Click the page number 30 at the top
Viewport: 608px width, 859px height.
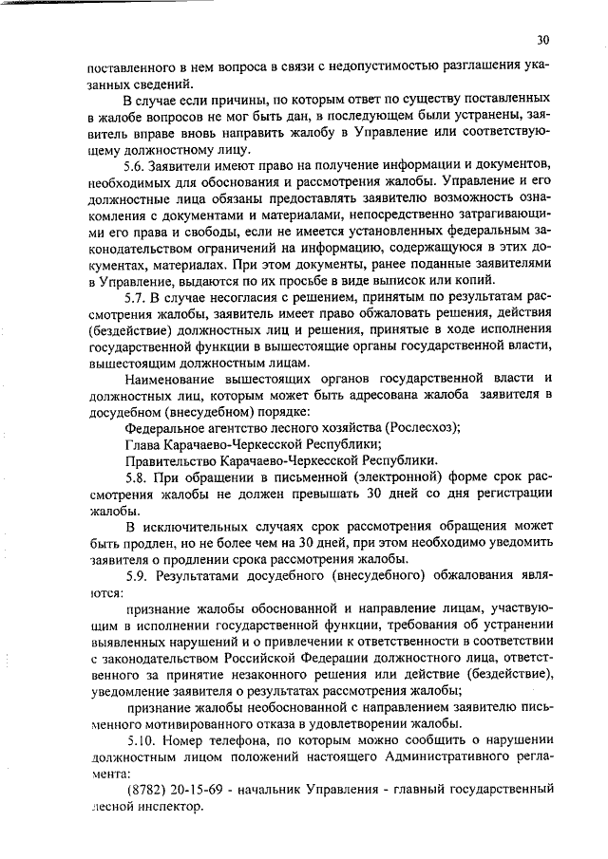[x=542, y=40]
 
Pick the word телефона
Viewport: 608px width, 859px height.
[x=241, y=738]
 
